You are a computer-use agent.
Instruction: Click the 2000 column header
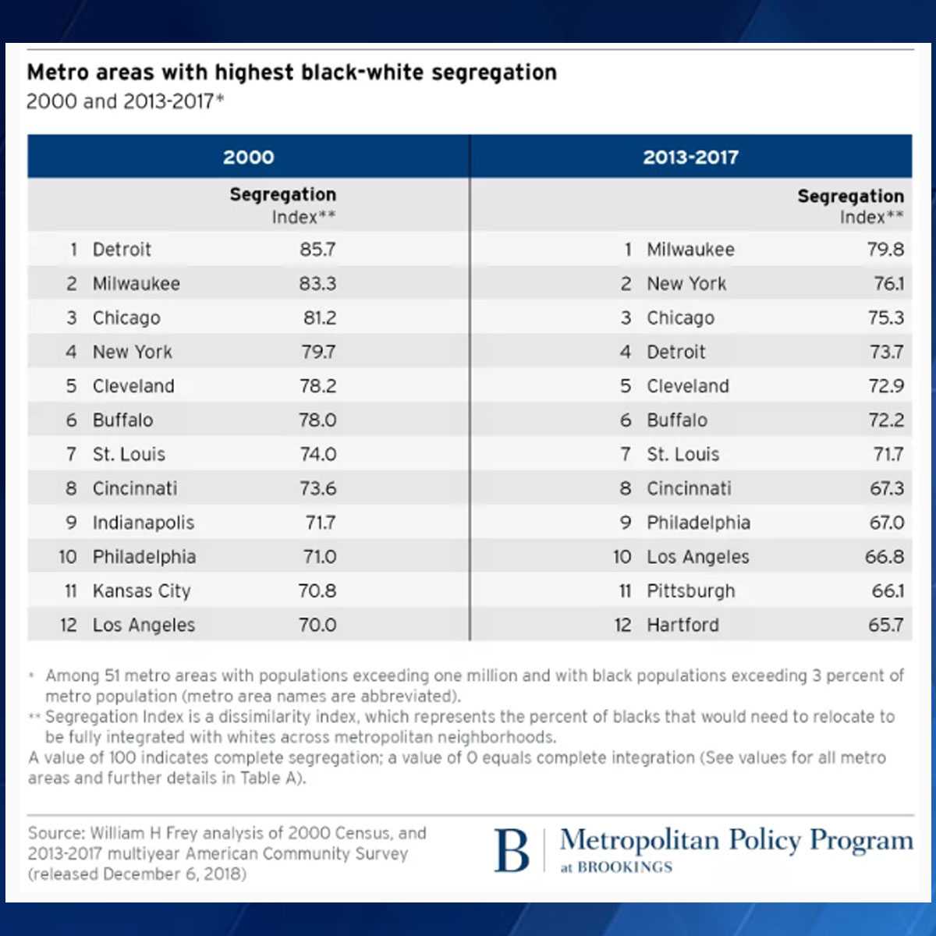pos(248,157)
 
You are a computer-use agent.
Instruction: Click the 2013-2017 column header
pos(690,157)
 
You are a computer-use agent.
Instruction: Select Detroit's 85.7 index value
pos(317,250)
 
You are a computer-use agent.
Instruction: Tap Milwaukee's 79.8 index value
pos(885,250)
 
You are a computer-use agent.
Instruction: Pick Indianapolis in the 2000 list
pos(144,523)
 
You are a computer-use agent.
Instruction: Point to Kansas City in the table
pos(141,591)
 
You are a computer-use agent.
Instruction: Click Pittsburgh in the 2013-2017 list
pos(691,591)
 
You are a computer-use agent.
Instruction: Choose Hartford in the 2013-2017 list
pos(683,626)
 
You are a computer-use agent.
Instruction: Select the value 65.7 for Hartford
pos(885,626)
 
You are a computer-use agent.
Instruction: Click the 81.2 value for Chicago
pos(320,318)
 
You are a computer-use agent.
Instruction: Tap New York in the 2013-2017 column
pos(686,284)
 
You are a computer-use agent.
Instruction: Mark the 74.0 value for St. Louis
pos(318,455)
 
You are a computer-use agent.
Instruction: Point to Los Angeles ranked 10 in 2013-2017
pos(698,557)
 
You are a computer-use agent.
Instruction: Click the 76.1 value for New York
pos(888,284)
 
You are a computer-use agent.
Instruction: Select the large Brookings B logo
pos(512,850)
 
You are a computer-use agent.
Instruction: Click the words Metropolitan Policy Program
pos(736,840)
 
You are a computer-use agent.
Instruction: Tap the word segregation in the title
pos(494,73)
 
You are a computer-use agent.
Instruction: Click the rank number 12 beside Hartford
pos(622,626)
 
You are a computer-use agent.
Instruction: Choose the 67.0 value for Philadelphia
pos(887,523)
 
